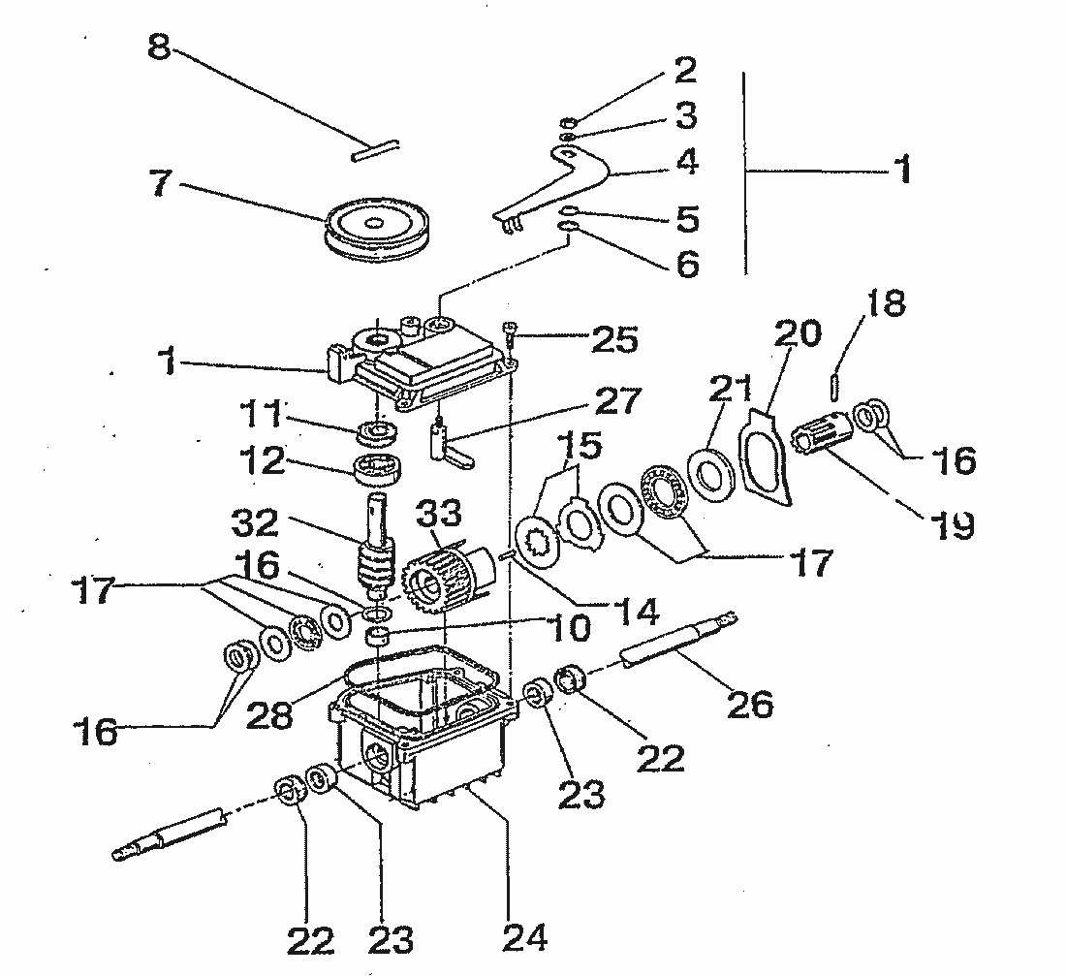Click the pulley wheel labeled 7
click(x=374, y=232)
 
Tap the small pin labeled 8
click(x=376, y=150)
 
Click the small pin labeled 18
click(x=834, y=385)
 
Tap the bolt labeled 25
click(x=509, y=331)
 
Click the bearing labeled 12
click(x=377, y=468)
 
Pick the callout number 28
click(x=269, y=714)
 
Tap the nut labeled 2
click(x=568, y=123)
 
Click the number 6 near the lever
click(x=688, y=263)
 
